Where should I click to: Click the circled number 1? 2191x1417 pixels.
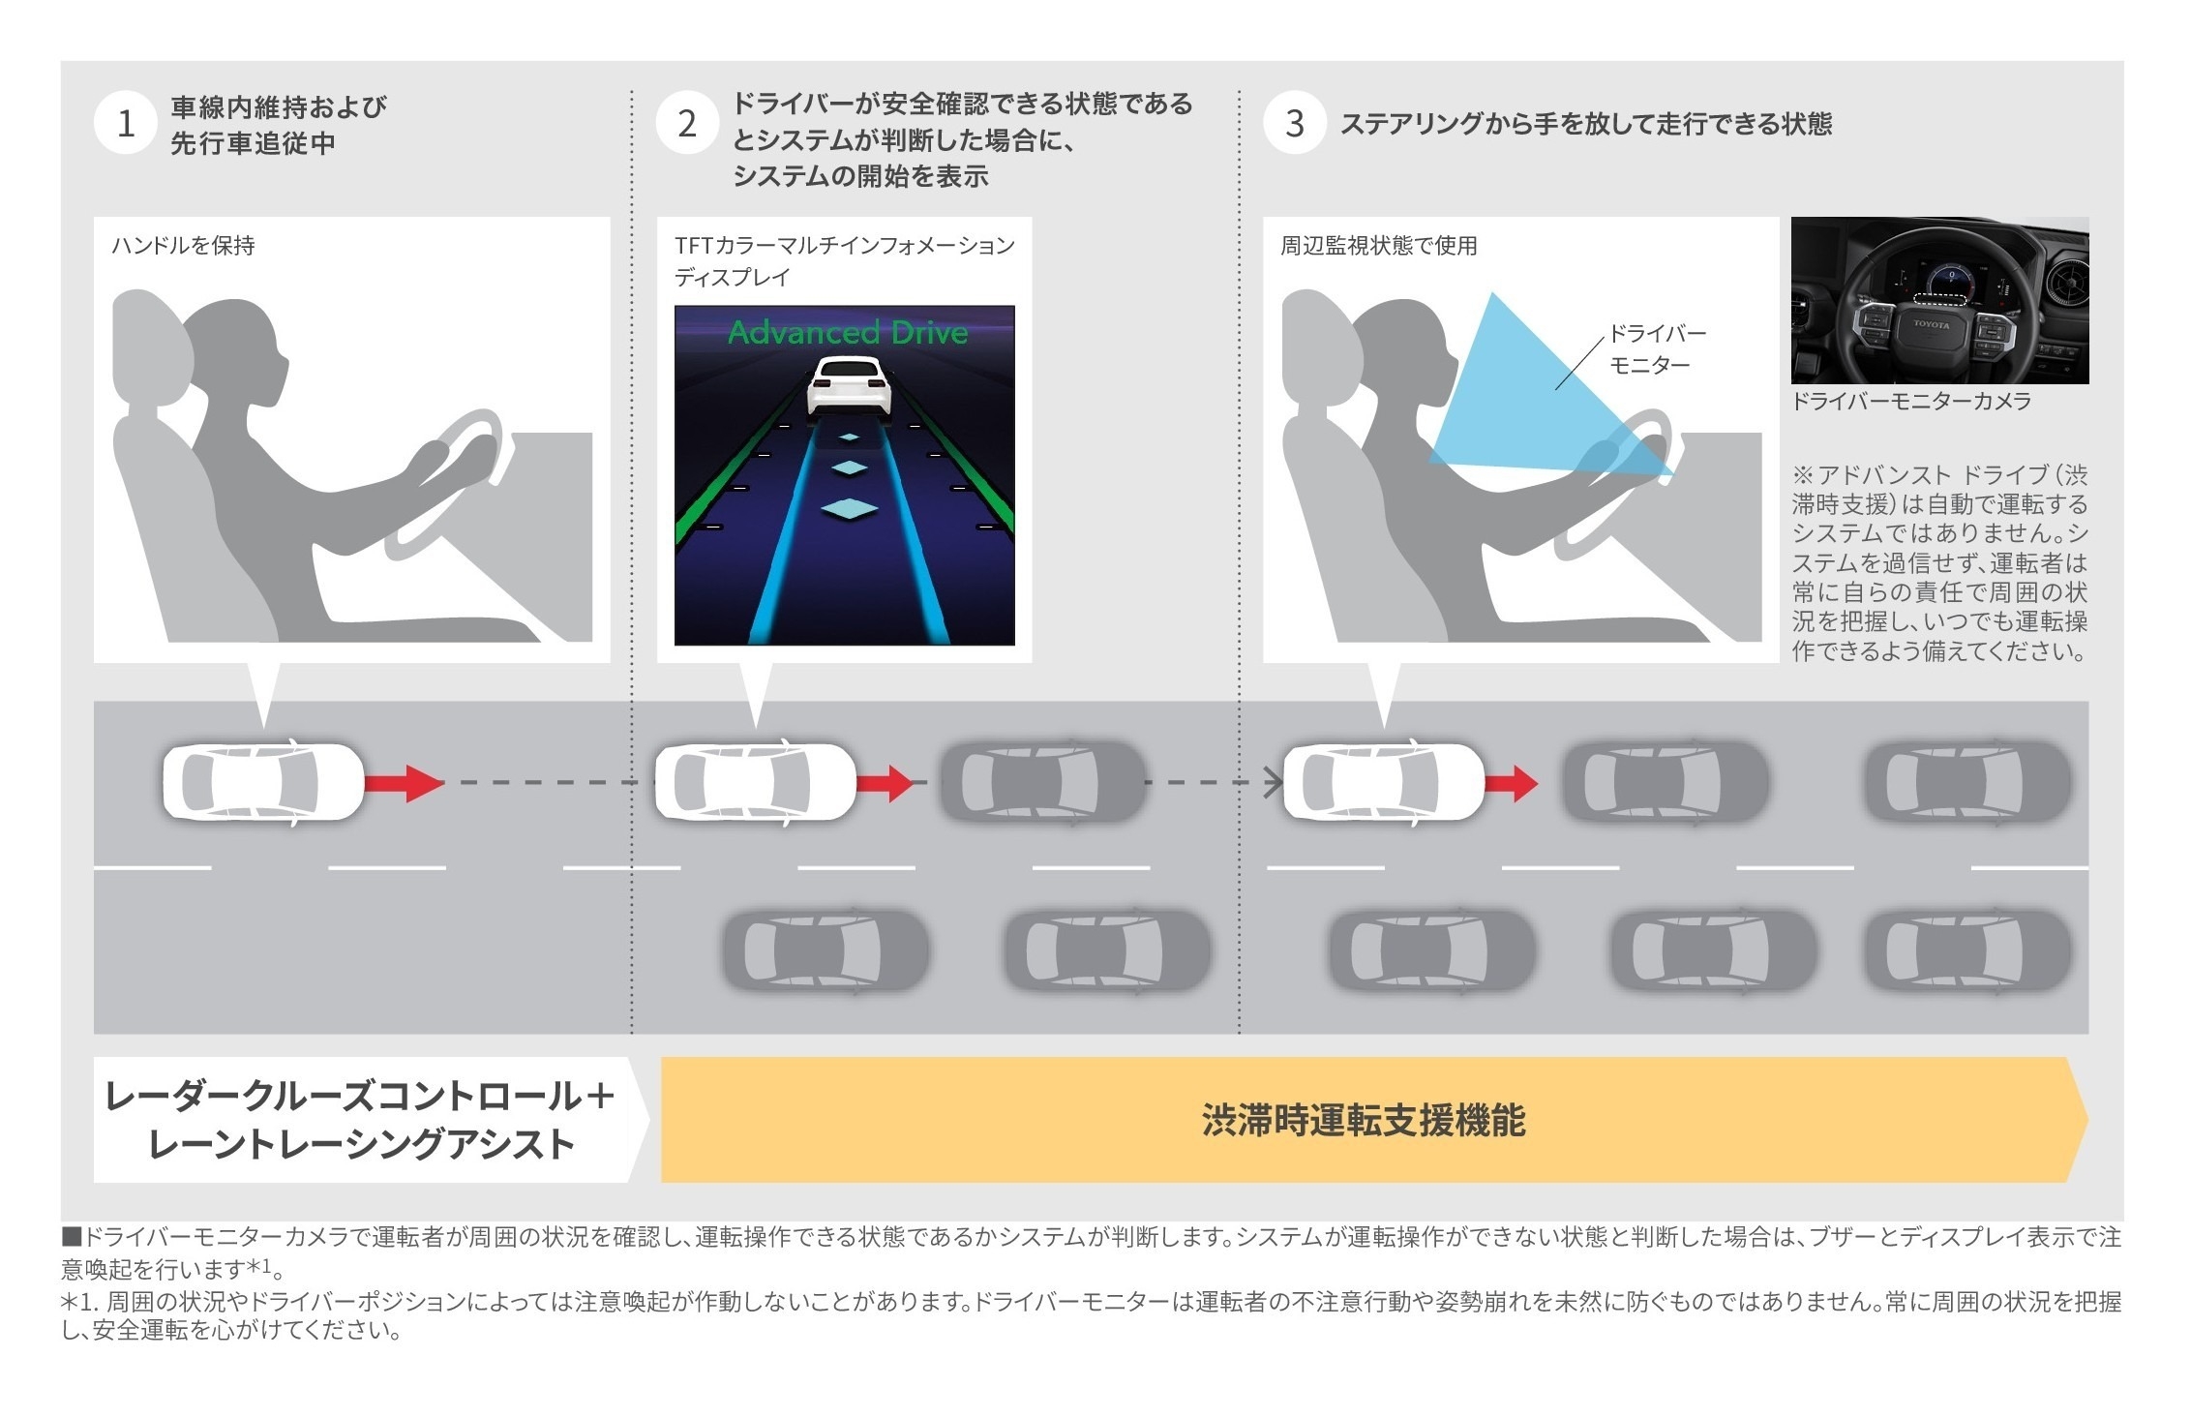[125, 124]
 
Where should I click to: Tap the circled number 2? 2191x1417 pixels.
[686, 124]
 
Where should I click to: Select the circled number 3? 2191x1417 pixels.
[1295, 124]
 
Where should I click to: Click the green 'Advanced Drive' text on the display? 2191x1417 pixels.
[848, 332]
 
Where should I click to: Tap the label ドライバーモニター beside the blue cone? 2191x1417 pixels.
[1657, 349]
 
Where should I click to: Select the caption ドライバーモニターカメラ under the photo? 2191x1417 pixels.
[1911, 402]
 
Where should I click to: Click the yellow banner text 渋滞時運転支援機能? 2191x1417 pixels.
[1364, 1120]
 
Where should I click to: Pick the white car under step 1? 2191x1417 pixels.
[263, 782]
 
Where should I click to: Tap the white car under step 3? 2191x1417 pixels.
[1384, 782]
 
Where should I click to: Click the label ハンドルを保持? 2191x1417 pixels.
[183, 246]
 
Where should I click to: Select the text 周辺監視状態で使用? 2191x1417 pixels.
[1379, 246]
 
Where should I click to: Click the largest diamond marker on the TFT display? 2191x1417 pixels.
[849, 508]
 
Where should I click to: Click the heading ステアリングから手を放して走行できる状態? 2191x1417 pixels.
[1586, 124]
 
